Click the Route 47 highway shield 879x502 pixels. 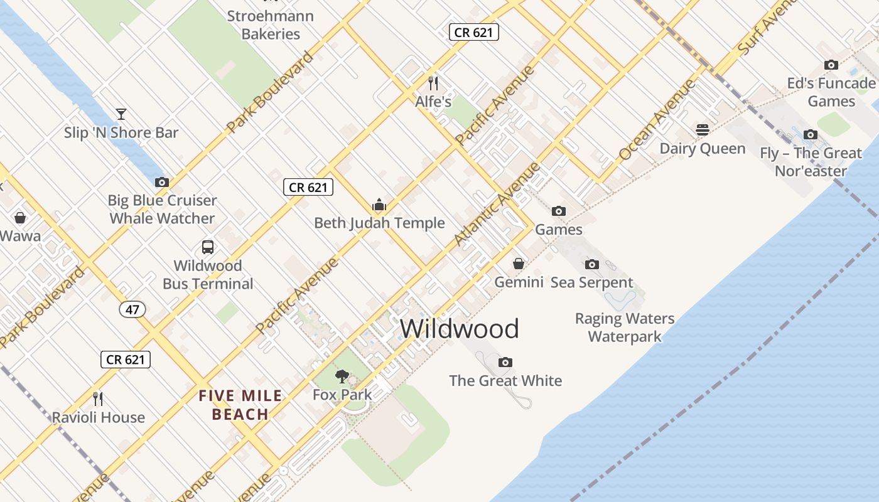(132, 309)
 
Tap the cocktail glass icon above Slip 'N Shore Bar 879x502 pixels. (121, 114)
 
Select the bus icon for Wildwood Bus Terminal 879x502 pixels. (208, 247)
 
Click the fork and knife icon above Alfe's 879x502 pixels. (433, 83)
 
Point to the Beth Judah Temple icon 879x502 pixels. (379, 205)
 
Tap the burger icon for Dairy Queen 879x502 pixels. (702, 130)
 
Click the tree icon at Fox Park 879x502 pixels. (342, 376)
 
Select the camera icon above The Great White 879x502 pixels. (505, 362)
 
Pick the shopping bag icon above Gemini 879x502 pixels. (519, 264)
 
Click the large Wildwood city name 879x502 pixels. (460, 329)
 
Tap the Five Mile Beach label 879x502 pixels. (240, 405)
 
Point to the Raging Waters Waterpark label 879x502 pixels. (625, 328)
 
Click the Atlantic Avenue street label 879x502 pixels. (497, 203)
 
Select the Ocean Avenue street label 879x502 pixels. (657, 119)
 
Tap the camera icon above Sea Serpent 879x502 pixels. (592, 264)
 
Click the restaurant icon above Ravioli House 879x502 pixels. (98, 399)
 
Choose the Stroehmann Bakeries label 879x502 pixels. (271, 25)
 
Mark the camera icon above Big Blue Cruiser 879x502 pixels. (162, 182)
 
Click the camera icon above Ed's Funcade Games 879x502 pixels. (831, 65)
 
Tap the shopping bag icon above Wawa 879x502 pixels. (20, 218)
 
